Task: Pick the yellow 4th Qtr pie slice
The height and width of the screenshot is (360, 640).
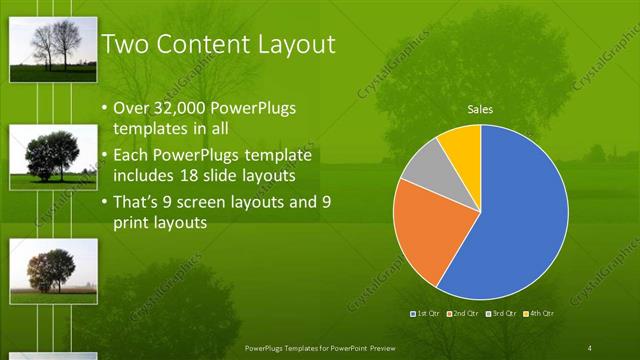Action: (462, 144)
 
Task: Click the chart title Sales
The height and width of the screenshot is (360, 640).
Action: (481, 110)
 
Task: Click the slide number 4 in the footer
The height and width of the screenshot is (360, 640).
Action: (589, 347)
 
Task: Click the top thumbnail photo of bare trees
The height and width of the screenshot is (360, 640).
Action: (53, 49)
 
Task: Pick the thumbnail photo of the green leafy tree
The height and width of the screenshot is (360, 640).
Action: (53, 157)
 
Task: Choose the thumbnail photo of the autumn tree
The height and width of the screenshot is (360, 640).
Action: (53, 270)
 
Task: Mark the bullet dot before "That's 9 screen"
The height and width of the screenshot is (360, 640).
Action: (105, 202)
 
